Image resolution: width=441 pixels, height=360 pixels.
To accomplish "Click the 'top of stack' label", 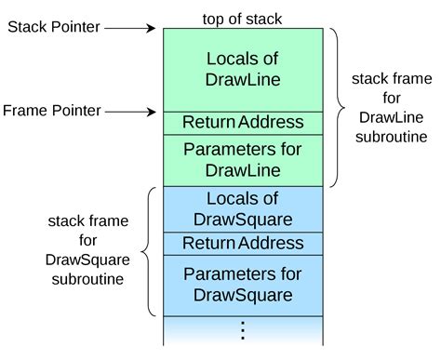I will (x=242, y=18).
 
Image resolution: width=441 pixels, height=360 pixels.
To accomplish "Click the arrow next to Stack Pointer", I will (x=130, y=27).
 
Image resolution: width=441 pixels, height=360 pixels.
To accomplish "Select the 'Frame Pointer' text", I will (x=52, y=111).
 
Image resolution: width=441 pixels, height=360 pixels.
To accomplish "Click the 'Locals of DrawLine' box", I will (x=242, y=69).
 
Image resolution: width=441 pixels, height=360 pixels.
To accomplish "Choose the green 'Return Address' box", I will (x=242, y=122).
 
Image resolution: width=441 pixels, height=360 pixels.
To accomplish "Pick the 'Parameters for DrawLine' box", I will (x=242, y=159).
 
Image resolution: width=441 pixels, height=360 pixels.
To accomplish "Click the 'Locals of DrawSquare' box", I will (x=242, y=209).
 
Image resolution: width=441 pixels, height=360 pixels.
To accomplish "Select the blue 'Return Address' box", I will (x=242, y=244).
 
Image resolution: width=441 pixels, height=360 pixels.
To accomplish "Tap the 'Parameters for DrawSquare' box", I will (x=242, y=285).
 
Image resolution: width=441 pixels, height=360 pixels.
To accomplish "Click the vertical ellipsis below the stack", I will (x=243, y=330).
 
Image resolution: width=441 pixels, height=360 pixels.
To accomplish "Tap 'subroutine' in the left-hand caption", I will (x=89, y=277).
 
